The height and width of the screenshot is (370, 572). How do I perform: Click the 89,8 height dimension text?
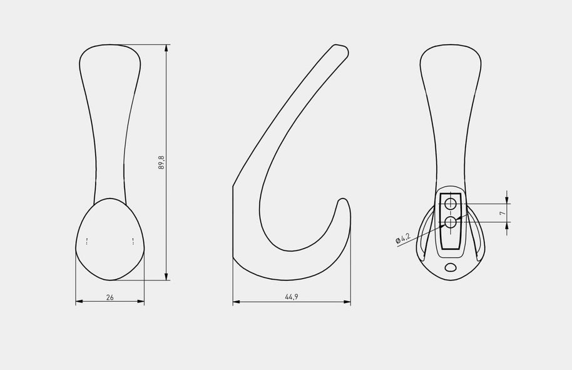point(161,163)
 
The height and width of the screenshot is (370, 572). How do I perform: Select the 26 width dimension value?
point(110,297)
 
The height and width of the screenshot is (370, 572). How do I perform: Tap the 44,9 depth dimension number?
point(292,297)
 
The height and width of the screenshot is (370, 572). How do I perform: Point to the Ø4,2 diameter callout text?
point(403,239)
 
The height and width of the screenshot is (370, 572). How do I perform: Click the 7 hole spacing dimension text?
point(503,213)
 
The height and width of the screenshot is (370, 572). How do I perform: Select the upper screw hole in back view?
point(451,203)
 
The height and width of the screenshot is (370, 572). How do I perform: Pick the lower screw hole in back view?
point(451,222)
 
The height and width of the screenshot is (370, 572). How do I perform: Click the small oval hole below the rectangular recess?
point(451,267)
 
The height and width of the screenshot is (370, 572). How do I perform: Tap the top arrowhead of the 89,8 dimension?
point(166,49)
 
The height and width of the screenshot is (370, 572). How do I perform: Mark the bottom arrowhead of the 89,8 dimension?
point(166,275)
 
